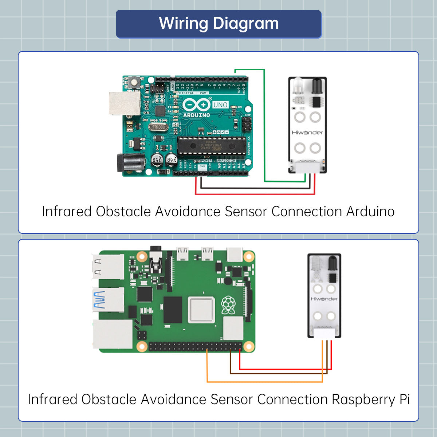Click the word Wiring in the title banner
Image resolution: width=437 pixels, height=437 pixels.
pyautogui.click(x=183, y=24)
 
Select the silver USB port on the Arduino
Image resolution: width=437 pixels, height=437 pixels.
pyautogui.click(x=124, y=103)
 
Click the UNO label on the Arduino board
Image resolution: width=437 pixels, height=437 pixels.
pyautogui.click(x=220, y=105)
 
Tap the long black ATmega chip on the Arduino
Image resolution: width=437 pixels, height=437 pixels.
pyautogui.click(x=212, y=145)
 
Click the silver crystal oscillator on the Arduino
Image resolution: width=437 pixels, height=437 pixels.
pyautogui.click(x=159, y=127)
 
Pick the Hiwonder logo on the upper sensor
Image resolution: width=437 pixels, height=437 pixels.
pyautogui.click(x=307, y=133)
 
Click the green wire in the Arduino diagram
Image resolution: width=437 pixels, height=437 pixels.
pyautogui.click(x=264, y=124)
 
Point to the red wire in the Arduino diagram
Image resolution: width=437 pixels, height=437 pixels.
pyautogui.click(x=255, y=194)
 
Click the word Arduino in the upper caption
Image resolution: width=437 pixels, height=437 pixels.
pyautogui.click(x=370, y=212)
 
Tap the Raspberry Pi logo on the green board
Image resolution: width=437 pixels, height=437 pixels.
pyautogui.click(x=228, y=305)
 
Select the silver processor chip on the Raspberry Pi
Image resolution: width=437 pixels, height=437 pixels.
pyautogui.click(x=201, y=310)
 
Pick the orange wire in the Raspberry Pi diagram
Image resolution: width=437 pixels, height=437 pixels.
pyautogui.click(x=264, y=382)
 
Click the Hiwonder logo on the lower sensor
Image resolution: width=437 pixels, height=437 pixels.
pyautogui.click(x=324, y=299)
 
